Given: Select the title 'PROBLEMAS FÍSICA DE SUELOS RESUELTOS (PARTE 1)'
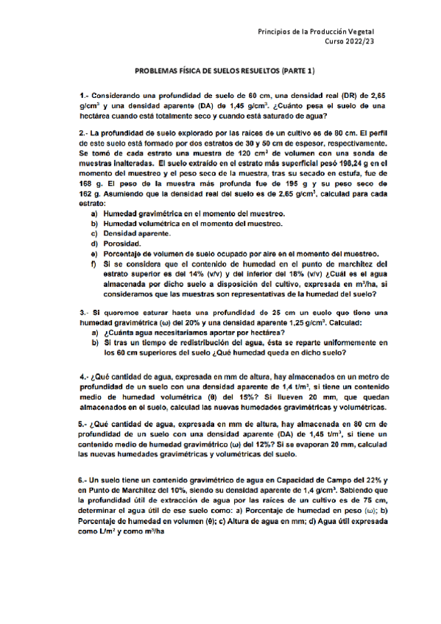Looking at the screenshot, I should tap(225, 71).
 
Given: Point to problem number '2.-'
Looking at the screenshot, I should tap(85, 133).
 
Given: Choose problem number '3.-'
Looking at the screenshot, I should tap(85, 313).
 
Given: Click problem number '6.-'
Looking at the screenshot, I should tap(85, 479).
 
